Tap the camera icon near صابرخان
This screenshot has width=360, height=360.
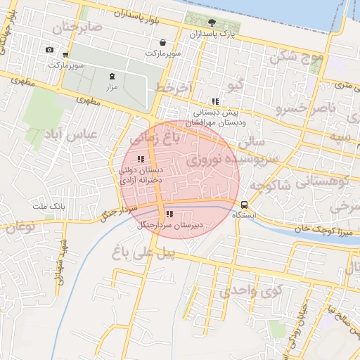49,49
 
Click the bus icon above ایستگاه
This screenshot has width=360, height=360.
244,205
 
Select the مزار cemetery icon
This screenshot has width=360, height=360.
111,76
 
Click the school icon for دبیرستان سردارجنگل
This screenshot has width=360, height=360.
168,214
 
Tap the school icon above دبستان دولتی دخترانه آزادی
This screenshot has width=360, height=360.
140,159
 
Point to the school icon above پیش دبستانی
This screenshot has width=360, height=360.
215,102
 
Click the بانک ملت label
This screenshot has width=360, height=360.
49,207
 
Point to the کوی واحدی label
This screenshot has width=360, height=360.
250,289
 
